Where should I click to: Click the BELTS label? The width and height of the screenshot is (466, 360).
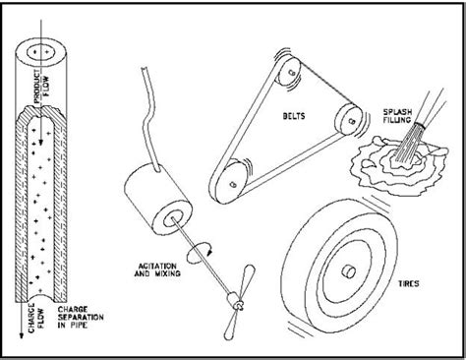pos(294,116)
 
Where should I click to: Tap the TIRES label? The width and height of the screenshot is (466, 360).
pos(408,283)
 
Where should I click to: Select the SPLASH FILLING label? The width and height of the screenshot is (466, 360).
pos(397,116)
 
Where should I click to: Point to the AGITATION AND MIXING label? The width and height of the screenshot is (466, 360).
pos(157,270)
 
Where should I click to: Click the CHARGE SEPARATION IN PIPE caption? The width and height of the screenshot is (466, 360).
pos(81,318)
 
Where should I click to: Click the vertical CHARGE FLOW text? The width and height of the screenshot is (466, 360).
pos(36,318)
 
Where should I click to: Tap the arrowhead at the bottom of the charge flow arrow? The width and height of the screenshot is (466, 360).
pos(22,335)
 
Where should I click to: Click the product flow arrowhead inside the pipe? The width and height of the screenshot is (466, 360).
pos(40,142)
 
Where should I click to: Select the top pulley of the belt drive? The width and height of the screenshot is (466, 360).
pos(289,72)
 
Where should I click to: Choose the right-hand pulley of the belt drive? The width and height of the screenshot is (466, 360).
pos(349,119)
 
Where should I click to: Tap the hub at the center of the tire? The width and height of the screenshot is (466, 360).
pos(348,271)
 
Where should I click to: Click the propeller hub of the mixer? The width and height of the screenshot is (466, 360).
pos(236,300)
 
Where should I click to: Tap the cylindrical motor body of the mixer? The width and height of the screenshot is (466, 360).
pos(158,199)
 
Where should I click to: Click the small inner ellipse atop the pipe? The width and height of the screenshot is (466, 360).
pos(40,52)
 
